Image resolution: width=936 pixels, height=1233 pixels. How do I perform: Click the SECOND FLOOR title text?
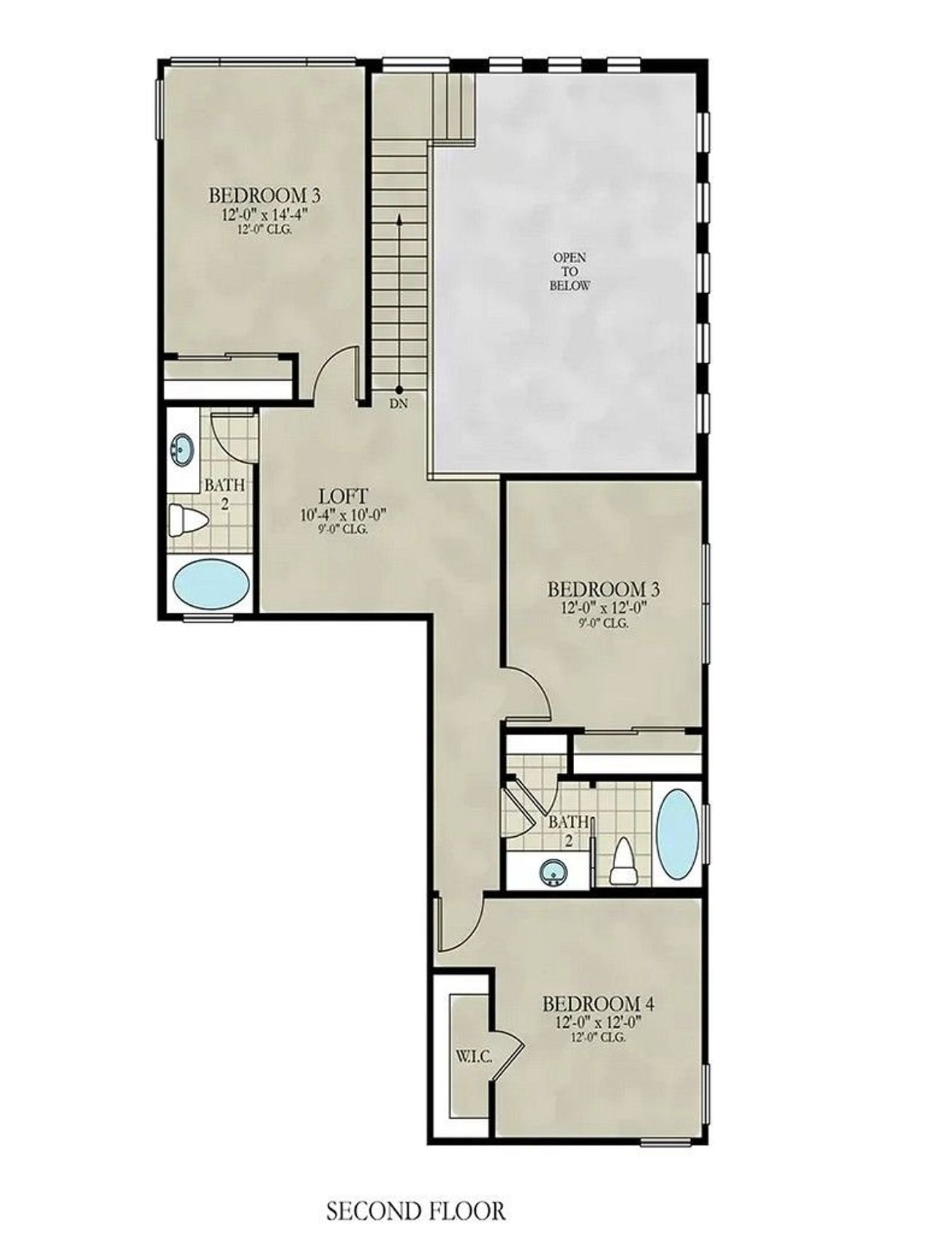tap(415, 1211)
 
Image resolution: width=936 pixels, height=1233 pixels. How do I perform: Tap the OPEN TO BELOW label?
tap(570, 271)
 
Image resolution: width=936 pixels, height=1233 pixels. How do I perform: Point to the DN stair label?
tap(399, 403)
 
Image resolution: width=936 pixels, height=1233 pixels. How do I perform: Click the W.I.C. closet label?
tap(473, 1057)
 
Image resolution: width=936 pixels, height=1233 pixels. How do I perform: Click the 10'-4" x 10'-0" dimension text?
tap(342, 515)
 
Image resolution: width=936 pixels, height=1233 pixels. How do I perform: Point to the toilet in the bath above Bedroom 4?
tap(624, 862)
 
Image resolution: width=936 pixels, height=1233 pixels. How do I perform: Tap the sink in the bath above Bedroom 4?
tap(553, 871)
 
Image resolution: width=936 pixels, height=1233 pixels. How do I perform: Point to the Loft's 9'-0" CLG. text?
tap(343, 529)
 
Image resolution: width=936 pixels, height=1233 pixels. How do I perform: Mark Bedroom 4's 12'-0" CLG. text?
tap(601, 1036)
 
